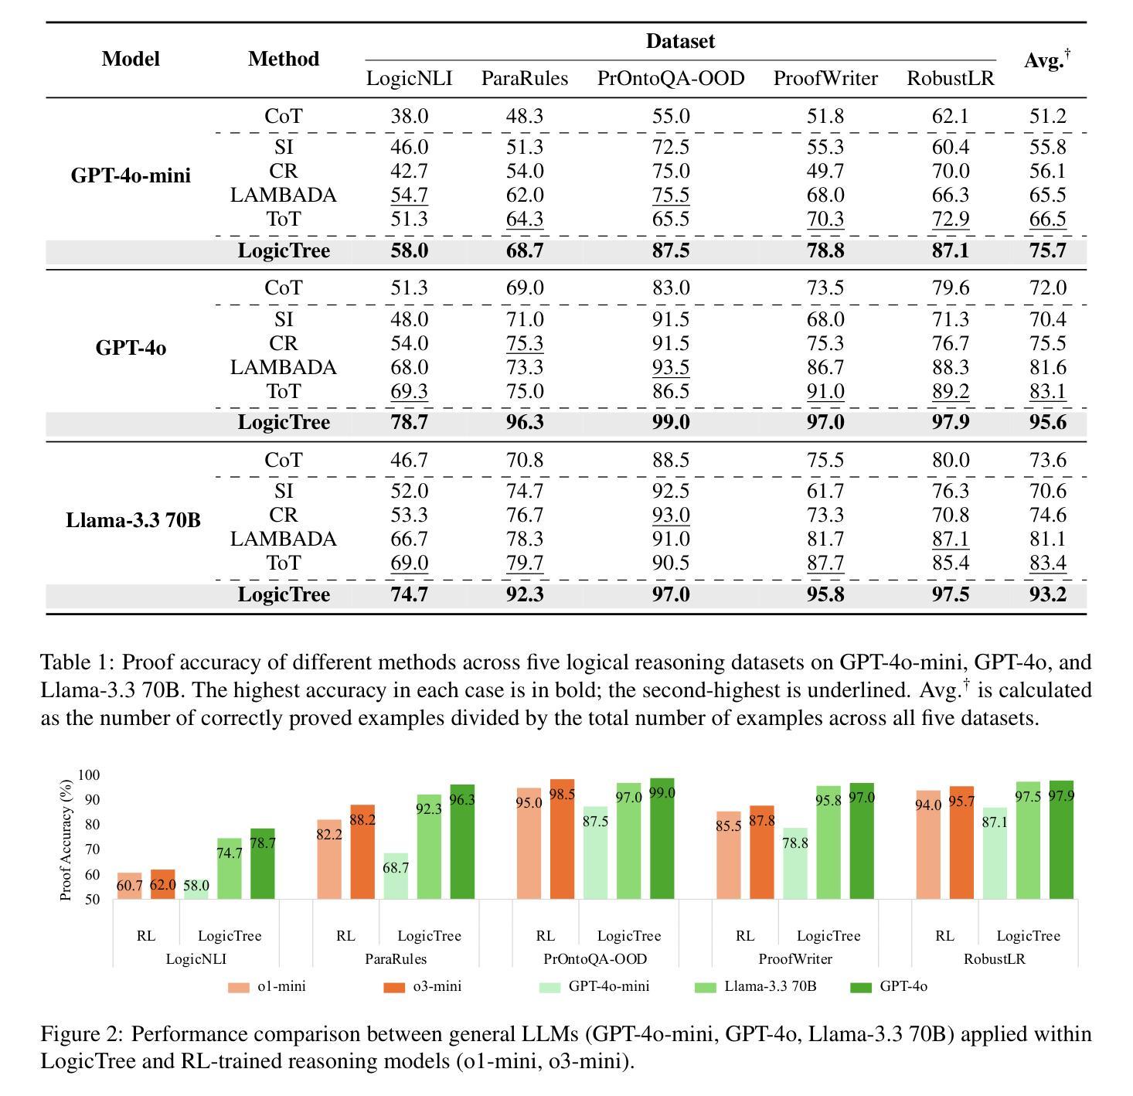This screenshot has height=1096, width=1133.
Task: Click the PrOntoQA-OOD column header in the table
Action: click(670, 79)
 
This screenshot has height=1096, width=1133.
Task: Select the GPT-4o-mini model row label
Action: click(131, 175)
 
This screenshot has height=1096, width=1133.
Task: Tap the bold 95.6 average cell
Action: click(1047, 423)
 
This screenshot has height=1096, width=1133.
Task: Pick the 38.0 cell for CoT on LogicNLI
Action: click(409, 117)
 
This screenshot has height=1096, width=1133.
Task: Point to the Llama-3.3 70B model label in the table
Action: click(133, 520)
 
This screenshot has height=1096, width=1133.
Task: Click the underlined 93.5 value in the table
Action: click(670, 368)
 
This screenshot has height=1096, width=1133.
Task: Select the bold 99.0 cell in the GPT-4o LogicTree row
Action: click(670, 423)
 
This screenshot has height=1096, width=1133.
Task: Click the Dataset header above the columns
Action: click(680, 42)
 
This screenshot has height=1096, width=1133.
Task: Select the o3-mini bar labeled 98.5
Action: click(562, 839)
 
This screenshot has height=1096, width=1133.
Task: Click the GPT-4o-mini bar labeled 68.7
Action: click(396, 876)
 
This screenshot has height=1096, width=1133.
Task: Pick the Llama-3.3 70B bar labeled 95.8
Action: click(828, 842)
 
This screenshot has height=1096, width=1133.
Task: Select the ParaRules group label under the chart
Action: click(396, 959)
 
